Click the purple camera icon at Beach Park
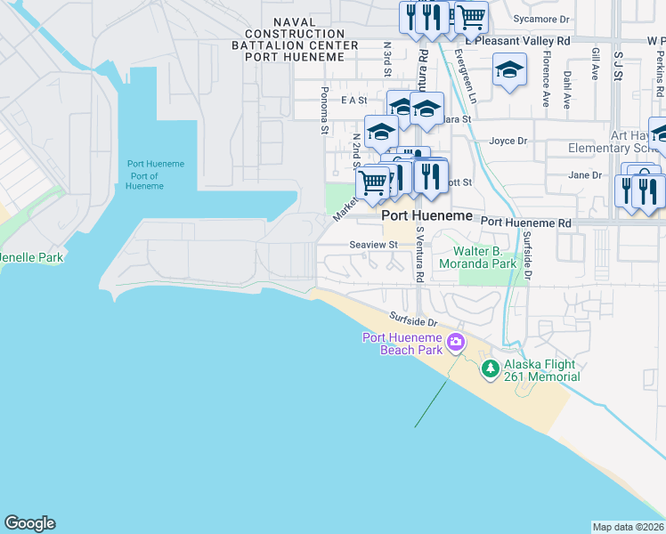click(456, 342)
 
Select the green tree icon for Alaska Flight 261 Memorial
click(489, 367)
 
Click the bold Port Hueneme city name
click(427, 216)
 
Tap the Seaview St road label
click(371, 245)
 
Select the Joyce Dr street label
click(508, 141)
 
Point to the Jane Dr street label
click(585, 175)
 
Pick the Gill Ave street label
click(594, 64)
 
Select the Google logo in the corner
click(29, 523)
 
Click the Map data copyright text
click(629, 527)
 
